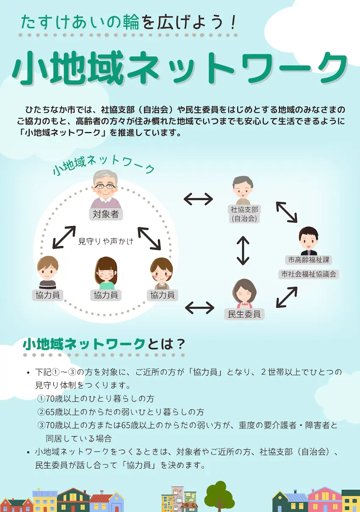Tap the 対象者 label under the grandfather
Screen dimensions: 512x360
106,214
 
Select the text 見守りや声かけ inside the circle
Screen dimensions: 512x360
106,242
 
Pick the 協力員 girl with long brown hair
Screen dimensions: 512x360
105,273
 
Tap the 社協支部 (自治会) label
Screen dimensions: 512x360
244,214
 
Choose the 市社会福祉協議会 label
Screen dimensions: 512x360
309,274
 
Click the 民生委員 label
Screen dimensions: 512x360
244,314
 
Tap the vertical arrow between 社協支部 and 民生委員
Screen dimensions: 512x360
243,250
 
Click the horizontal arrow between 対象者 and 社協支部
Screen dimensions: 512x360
198,198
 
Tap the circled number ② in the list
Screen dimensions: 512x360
41,412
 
